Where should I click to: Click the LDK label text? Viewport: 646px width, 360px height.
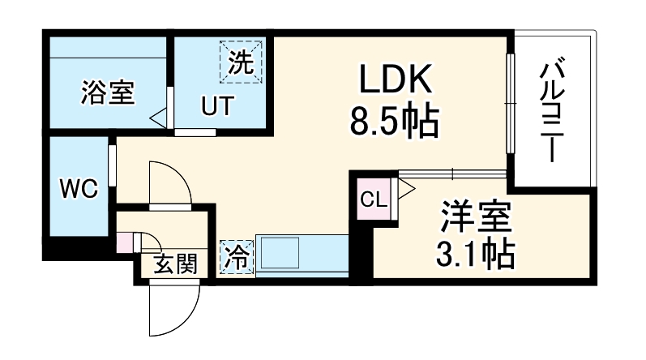coord(396,79)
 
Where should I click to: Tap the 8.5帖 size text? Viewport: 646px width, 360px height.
coord(395,122)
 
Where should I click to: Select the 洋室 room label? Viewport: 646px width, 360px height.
coord(476,216)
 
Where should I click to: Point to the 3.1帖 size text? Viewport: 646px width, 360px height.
coord(476,253)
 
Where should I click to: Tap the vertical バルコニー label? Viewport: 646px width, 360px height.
coord(552,111)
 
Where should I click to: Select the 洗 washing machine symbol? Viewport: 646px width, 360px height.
coord(241,62)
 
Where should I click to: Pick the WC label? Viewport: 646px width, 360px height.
coord(79,189)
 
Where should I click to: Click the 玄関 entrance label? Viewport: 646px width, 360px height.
coord(176,264)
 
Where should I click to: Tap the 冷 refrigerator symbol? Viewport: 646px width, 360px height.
coord(236,258)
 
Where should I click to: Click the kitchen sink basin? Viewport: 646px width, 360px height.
coord(280,253)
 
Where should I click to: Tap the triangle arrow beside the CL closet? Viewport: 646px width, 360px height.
coord(407,189)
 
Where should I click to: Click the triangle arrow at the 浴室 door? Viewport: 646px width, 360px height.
coord(158,118)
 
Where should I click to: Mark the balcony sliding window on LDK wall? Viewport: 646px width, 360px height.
coord(511,104)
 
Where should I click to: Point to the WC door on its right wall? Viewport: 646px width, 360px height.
coord(112,165)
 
